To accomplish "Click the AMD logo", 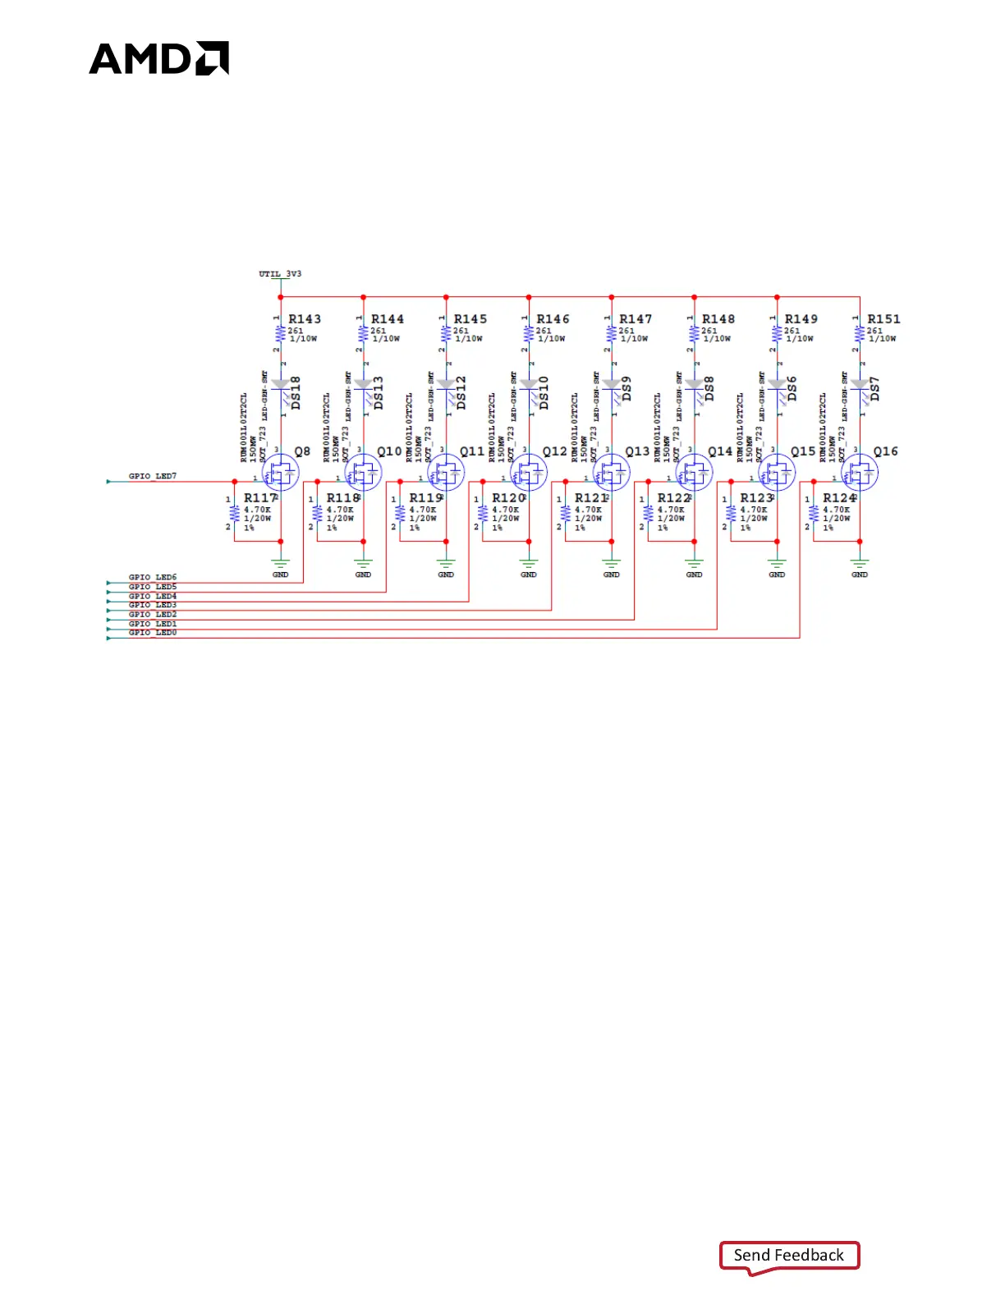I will (158, 58).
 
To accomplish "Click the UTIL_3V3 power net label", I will (280, 274).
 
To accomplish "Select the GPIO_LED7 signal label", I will (153, 476).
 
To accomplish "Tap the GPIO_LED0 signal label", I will (153, 633).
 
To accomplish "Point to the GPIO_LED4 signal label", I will (153, 596).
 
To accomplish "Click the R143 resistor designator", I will (305, 319).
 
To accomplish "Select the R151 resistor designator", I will (883, 319).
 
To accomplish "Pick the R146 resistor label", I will (553, 319).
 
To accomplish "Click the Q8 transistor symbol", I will (281, 473).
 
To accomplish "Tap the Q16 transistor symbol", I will (860, 473).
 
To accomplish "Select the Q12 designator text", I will (554, 451).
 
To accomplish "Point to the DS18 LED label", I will (296, 392).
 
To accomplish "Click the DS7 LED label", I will (875, 389).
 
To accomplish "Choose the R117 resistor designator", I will (260, 498).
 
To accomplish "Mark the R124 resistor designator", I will (839, 498).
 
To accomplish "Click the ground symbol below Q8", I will (281, 565).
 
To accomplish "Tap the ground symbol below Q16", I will (860, 565).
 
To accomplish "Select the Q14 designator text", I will (720, 451).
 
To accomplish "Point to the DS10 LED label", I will (544, 392).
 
